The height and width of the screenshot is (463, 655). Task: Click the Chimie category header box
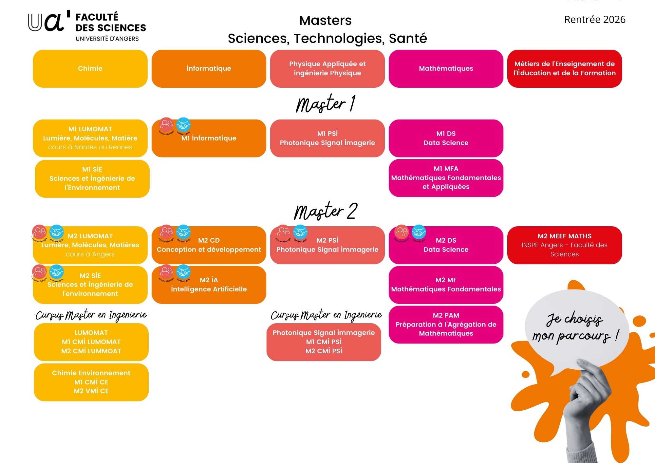click(90, 68)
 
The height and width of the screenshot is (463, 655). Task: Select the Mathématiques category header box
click(446, 68)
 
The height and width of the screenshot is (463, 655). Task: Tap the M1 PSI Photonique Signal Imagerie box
click(327, 138)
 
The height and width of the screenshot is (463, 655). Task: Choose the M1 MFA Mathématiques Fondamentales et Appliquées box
click(446, 178)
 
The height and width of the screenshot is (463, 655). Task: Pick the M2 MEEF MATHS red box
click(564, 245)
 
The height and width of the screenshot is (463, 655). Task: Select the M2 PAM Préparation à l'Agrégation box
click(446, 324)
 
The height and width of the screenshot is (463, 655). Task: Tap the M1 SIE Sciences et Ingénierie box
click(92, 178)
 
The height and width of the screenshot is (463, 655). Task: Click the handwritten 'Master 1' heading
click(326, 104)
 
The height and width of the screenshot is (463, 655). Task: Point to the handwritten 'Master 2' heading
click(326, 211)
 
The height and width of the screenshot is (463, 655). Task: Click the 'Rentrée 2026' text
click(595, 20)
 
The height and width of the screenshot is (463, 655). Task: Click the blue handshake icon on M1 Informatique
click(183, 125)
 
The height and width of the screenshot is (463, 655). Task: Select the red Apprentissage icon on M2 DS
click(402, 232)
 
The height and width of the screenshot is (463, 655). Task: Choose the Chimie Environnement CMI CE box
click(91, 382)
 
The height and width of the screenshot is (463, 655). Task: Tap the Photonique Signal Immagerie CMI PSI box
click(324, 342)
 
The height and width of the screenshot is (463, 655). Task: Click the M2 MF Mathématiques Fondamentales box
click(446, 285)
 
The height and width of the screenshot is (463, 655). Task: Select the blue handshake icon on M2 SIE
click(56, 272)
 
